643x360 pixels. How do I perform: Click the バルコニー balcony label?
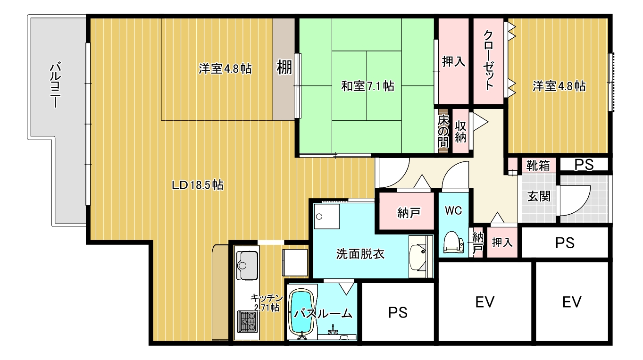pos(55,84)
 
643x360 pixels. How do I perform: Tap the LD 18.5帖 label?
pos(198,185)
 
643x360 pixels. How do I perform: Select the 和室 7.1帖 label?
pos(367,86)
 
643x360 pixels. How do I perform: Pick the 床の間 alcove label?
pos(443,131)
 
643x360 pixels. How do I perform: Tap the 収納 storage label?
pos(460,132)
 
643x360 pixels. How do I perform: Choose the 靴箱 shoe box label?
pos(538,165)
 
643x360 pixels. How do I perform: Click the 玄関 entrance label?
pos(539,196)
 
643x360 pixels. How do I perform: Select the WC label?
pos(453,211)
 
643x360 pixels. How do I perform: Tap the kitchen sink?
pos(247,265)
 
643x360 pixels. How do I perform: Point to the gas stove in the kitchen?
pos(247,321)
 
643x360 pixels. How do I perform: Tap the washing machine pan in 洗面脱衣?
pos(326,217)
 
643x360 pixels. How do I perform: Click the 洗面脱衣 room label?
pos(360,254)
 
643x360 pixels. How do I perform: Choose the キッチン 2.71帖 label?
pos(266,302)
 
